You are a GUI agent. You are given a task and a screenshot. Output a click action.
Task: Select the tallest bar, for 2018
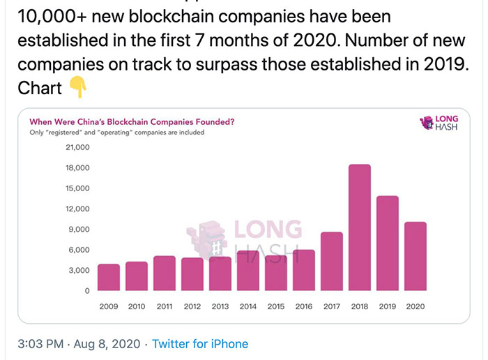(359, 227)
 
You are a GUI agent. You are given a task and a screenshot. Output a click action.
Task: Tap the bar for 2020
(415, 255)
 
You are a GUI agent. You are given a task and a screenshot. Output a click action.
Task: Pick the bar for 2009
(108, 277)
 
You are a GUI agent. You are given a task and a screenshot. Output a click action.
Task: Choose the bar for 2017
(331, 261)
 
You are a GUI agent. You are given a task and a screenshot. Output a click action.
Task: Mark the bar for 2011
(164, 273)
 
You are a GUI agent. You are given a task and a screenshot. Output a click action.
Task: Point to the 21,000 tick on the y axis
(77, 148)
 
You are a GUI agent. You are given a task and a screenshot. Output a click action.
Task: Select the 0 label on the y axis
(87, 291)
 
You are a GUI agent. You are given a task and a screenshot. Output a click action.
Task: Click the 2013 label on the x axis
(220, 306)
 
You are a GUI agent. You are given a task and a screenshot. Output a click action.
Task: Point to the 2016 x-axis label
(303, 306)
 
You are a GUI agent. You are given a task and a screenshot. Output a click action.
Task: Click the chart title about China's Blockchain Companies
(132, 121)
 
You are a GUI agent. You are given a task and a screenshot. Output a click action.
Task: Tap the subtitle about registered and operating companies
(116, 132)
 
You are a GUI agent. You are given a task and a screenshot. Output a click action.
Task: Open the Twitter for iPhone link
(200, 344)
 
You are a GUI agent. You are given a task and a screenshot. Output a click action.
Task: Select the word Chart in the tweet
(39, 89)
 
